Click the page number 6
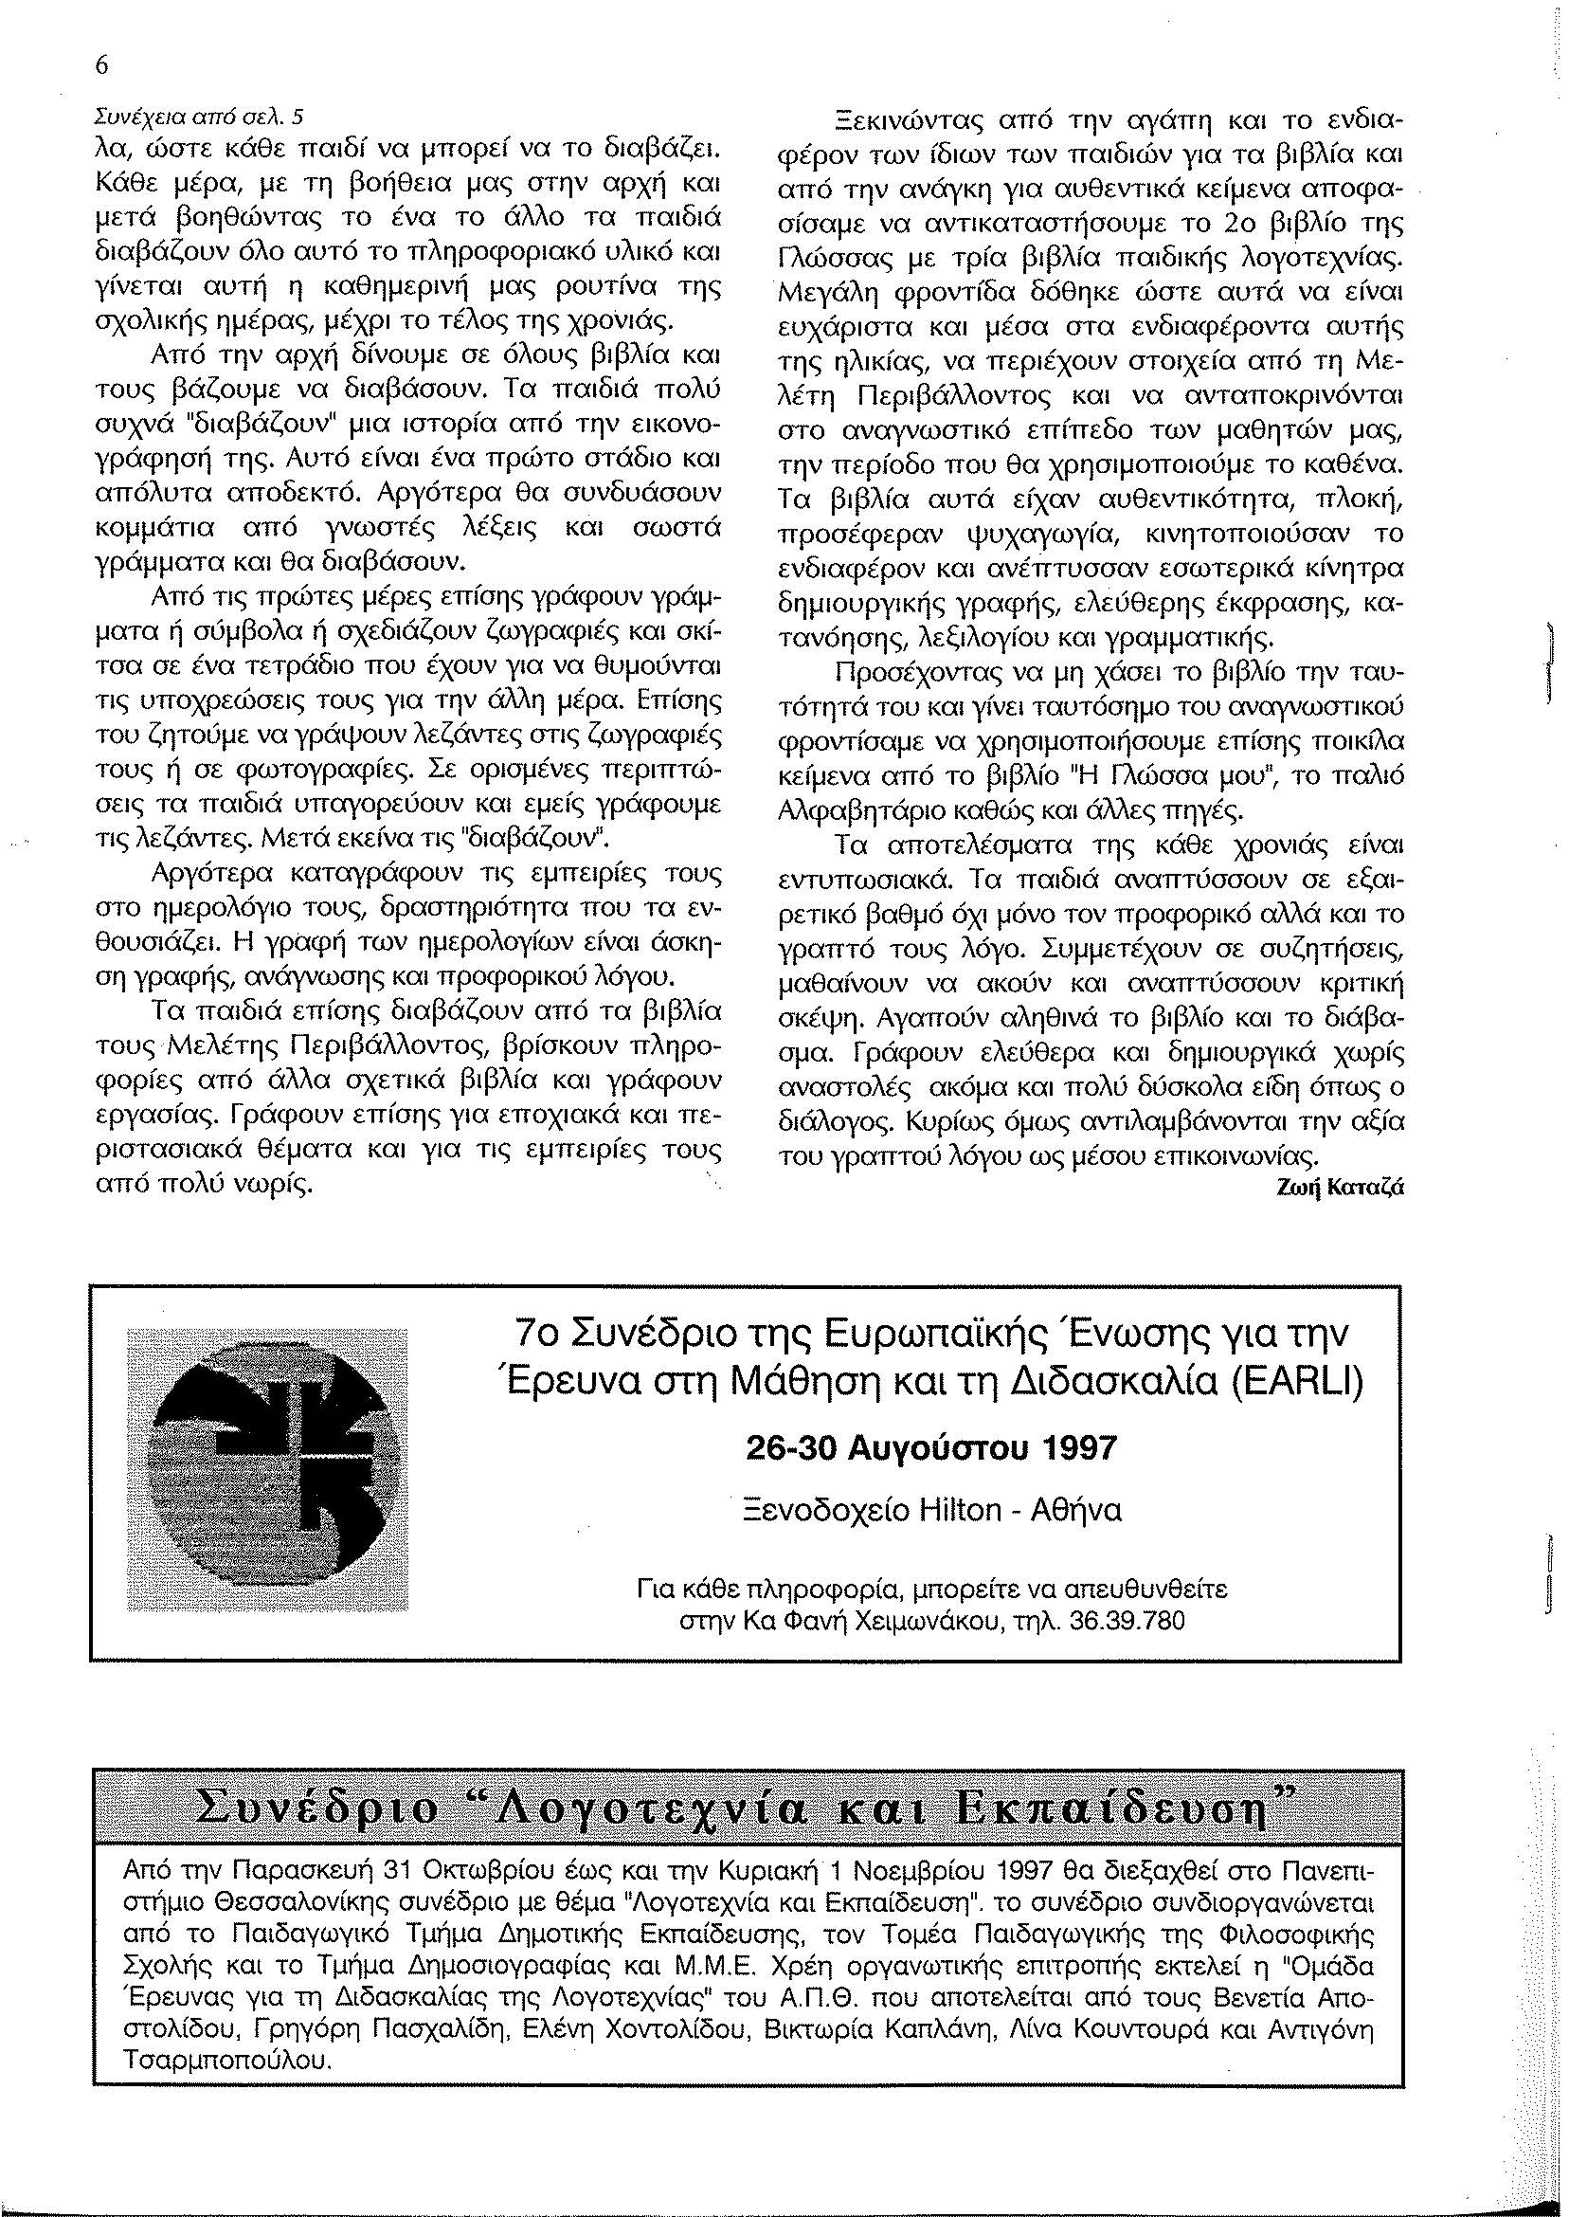(x=100, y=64)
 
